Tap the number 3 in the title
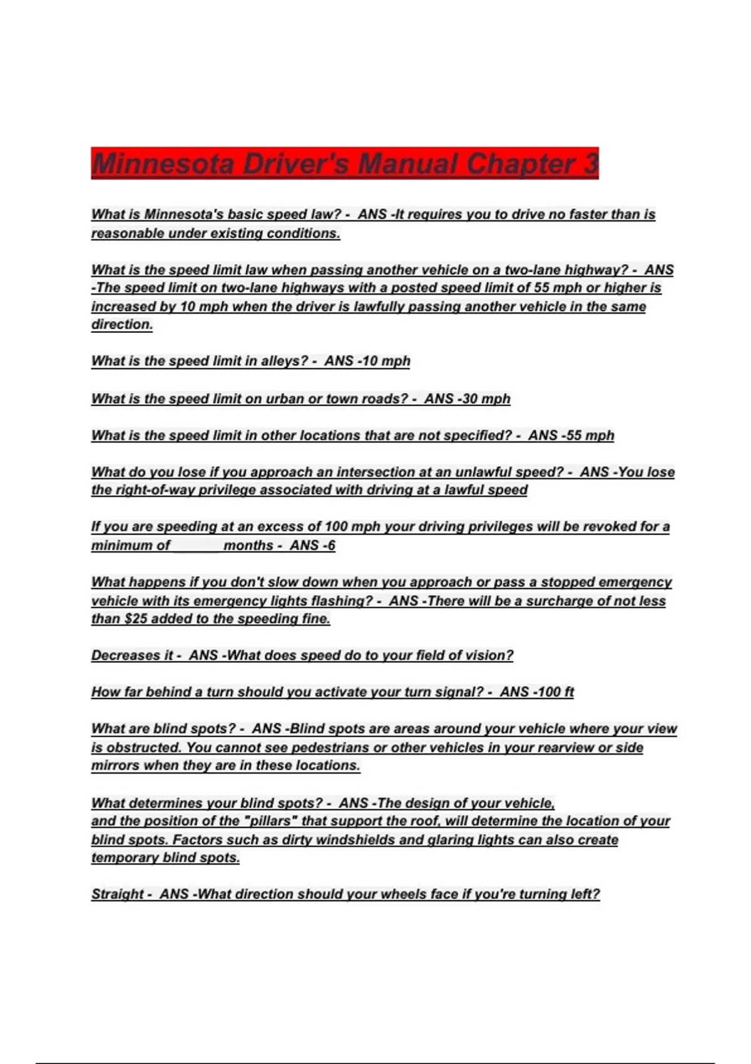(591, 164)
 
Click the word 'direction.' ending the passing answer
(122, 324)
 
